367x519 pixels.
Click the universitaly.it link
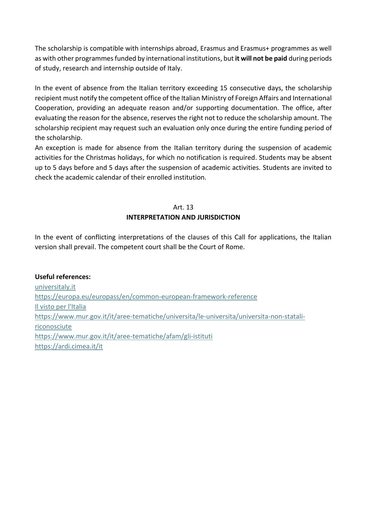coord(55,287)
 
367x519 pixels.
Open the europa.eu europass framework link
coord(146,297)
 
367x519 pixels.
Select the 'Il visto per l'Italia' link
coord(60,307)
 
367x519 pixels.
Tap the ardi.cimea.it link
coord(69,346)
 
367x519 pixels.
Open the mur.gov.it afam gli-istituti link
coord(124,336)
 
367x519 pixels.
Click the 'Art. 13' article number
coord(183,207)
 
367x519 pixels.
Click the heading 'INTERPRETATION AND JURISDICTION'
coord(183,217)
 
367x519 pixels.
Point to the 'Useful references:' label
coord(63,277)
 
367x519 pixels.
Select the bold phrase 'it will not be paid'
coord(261,59)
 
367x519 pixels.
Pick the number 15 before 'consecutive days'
coord(224,88)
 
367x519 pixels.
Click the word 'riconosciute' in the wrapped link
coord(53,327)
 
